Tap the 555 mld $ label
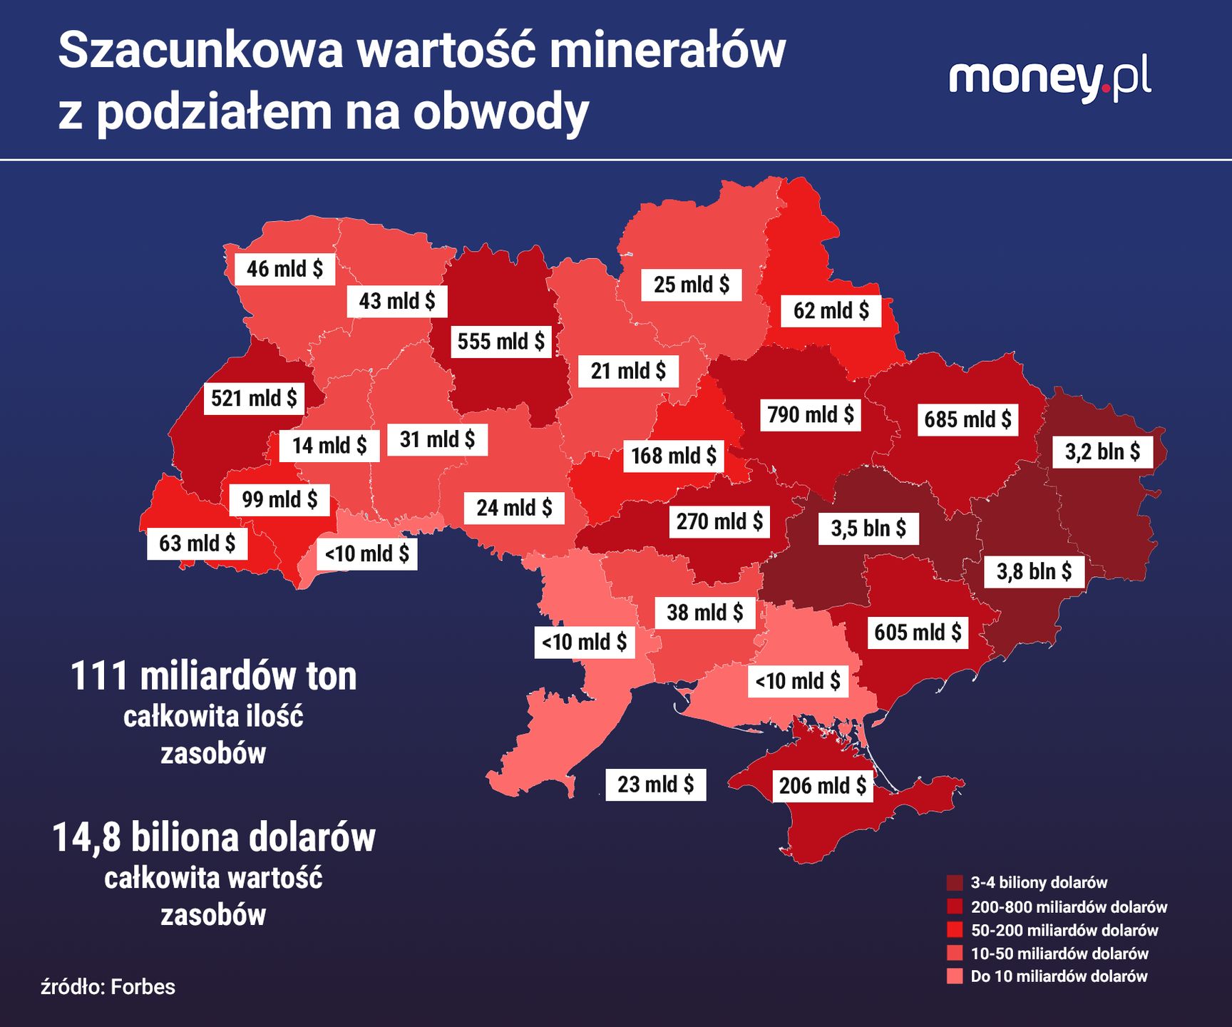point(500,341)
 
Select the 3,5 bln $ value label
point(868,528)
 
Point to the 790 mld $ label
point(811,414)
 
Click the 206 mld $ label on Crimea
point(822,785)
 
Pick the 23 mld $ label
point(655,785)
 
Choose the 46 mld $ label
point(284,269)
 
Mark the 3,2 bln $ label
point(1102,451)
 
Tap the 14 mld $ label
point(329,446)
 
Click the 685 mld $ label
point(967,419)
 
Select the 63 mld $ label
point(197,543)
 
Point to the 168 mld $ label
point(673,455)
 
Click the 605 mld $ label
point(918,632)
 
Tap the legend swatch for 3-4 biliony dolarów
point(955,883)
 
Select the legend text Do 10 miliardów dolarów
point(1059,976)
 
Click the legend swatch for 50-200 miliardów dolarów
point(955,930)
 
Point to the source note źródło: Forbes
point(108,987)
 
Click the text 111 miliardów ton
point(213,676)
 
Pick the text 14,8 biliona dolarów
point(213,838)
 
